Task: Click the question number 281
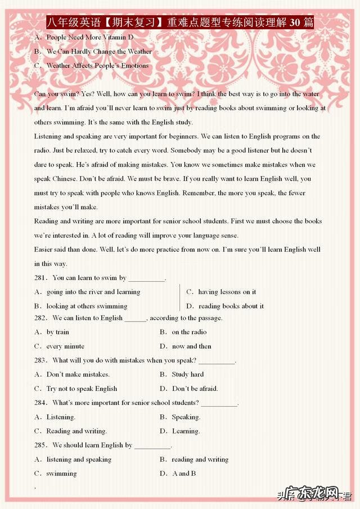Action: [41, 278]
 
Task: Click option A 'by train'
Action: [57, 332]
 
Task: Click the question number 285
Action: [41, 445]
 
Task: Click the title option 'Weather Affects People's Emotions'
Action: [97, 65]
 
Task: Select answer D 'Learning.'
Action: [186, 431]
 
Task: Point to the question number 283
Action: [41, 361]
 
